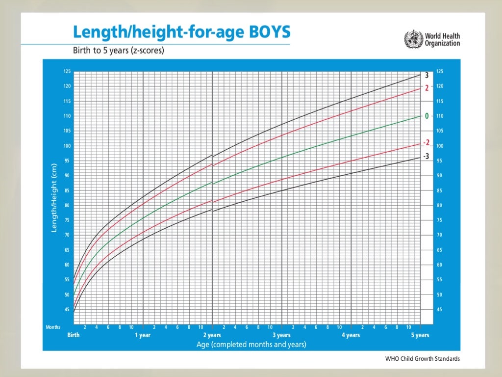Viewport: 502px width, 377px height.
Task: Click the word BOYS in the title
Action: coord(268,33)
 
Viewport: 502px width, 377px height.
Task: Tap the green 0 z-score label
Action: coord(427,116)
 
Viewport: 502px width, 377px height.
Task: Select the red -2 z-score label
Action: coord(427,143)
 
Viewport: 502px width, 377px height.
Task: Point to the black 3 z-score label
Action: coord(427,75)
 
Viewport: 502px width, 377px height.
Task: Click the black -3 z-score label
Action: coord(427,156)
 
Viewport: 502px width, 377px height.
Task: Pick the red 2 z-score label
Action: coord(427,88)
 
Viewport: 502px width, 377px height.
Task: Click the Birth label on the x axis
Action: coord(73,335)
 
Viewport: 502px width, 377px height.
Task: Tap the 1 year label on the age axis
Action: coord(143,335)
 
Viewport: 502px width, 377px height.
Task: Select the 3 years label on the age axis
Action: coord(281,335)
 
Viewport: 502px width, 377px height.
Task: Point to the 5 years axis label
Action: coord(420,335)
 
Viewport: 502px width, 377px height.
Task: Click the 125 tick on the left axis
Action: coord(67,72)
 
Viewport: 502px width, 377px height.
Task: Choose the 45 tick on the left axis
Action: coord(67,310)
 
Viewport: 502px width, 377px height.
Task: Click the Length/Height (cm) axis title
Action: coord(54,198)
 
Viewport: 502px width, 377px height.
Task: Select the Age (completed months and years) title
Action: coord(251,345)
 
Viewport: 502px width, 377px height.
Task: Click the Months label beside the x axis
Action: coord(53,327)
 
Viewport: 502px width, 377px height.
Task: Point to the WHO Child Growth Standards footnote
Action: coord(423,359)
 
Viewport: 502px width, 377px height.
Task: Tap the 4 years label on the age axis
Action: coord(351,335)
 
